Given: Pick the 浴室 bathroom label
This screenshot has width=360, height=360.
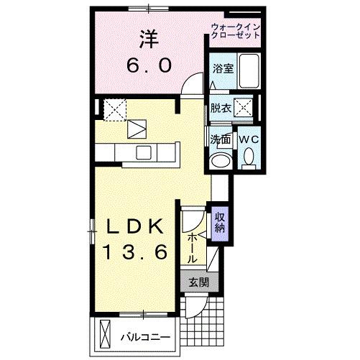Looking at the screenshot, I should (223, 69).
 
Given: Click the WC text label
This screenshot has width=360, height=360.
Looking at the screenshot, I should (249, 139).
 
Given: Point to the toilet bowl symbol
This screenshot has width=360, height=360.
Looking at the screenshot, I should (249, 156).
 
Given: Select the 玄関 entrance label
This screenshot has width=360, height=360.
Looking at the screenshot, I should (199, 282).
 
